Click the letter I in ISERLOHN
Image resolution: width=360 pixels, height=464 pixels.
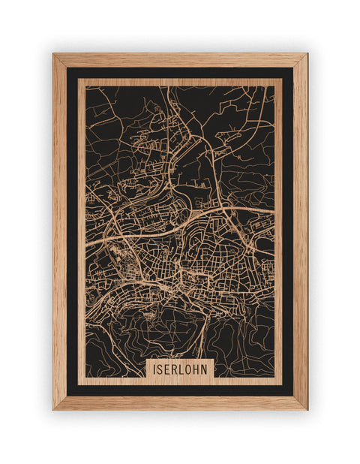[x=154, y=369]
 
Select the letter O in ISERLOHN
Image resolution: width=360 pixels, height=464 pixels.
[x=190, y=369]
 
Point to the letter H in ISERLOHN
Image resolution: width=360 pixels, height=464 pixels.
[x=199, y=369]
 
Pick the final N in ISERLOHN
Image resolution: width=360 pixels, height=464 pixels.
[x=207, y=369]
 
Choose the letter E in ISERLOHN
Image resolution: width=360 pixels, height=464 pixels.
[x=168, y=369]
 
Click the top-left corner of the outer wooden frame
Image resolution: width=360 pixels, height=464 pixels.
[x=52, y=53]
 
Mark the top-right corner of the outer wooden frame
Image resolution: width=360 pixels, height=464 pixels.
[x=307, y=53]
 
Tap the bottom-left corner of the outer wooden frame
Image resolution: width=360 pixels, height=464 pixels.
[x=52, y=410]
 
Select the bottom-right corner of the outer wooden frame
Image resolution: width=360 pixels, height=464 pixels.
[x=307, y=410]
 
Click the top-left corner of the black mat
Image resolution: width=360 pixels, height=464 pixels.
[x=67, y=68]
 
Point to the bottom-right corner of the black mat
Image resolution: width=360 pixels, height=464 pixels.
[x=293, y=396]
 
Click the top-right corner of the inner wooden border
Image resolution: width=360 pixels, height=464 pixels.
[x=282, y=79]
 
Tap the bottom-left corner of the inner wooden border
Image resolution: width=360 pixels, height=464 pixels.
[x=78, y=384]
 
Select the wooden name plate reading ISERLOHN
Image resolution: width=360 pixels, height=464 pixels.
[x=181, y=369]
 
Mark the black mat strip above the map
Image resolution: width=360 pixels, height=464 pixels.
[x=180, y=73]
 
